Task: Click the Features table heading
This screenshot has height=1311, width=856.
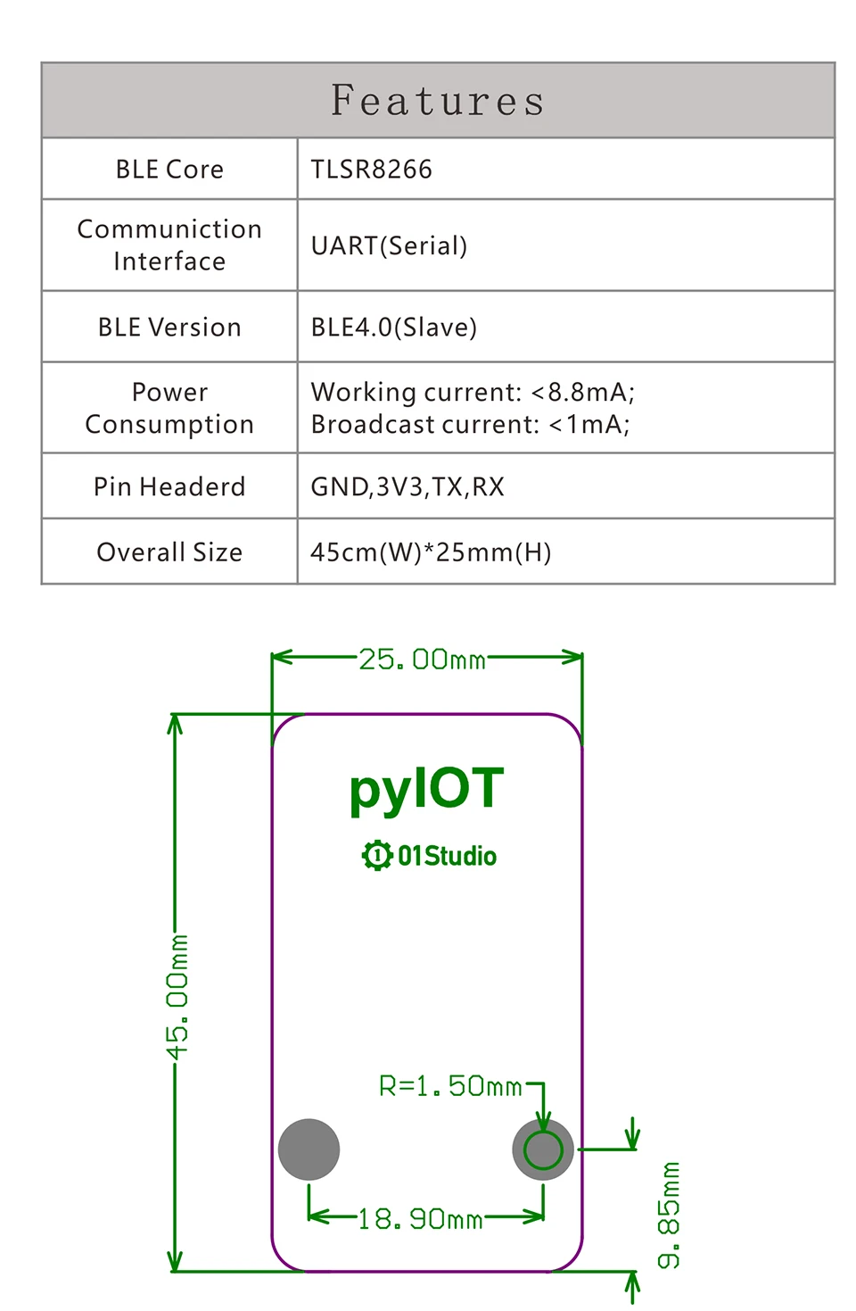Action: coord(437,100)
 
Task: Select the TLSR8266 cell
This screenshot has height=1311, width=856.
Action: coord(371,170)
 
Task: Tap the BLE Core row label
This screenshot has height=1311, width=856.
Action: coord(169,170)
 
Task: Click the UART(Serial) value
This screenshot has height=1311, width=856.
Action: coord(389,245)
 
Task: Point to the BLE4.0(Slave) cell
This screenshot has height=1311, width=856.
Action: coord(393,327)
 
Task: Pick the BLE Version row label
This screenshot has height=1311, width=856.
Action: coord(169,328)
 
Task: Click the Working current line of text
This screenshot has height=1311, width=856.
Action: coord(473,392)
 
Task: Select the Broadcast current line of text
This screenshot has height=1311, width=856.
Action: coord(470,424)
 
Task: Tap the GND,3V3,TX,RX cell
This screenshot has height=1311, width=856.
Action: coord(407,486)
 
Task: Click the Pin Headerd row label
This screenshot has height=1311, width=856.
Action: coord(169,486)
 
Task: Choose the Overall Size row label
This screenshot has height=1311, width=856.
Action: coord(169,552)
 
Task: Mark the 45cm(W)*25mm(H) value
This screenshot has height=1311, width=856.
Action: coord(431,552)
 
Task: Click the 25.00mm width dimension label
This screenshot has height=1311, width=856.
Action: coord(422,659)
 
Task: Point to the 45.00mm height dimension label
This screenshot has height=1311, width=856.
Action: coord(177,997)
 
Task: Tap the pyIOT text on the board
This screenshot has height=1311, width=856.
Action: coord(427,789)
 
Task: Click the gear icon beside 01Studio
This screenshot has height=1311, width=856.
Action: coord(377,856)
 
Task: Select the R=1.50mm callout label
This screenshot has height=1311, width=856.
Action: coord(450,1086)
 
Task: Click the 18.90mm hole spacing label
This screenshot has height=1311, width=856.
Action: coord(420,1220)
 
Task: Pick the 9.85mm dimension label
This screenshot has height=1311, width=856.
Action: coord(669,1215)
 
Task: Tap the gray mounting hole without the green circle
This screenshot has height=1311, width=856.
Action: coord(309,1149)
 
